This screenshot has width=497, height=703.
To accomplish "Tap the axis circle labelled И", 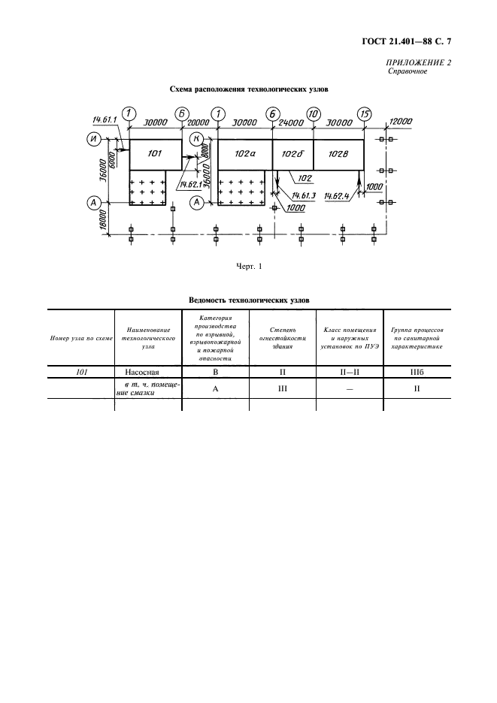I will (95, 138).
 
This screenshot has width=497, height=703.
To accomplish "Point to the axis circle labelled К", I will (195, 138).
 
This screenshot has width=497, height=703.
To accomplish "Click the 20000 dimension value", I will (199, 122).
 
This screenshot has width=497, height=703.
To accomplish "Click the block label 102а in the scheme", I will (245, 153).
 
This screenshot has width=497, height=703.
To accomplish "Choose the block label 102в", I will (339, 153).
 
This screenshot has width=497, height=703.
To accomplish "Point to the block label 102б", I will (292, 153).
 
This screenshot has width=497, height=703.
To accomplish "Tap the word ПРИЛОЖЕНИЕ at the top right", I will (416, 63).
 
